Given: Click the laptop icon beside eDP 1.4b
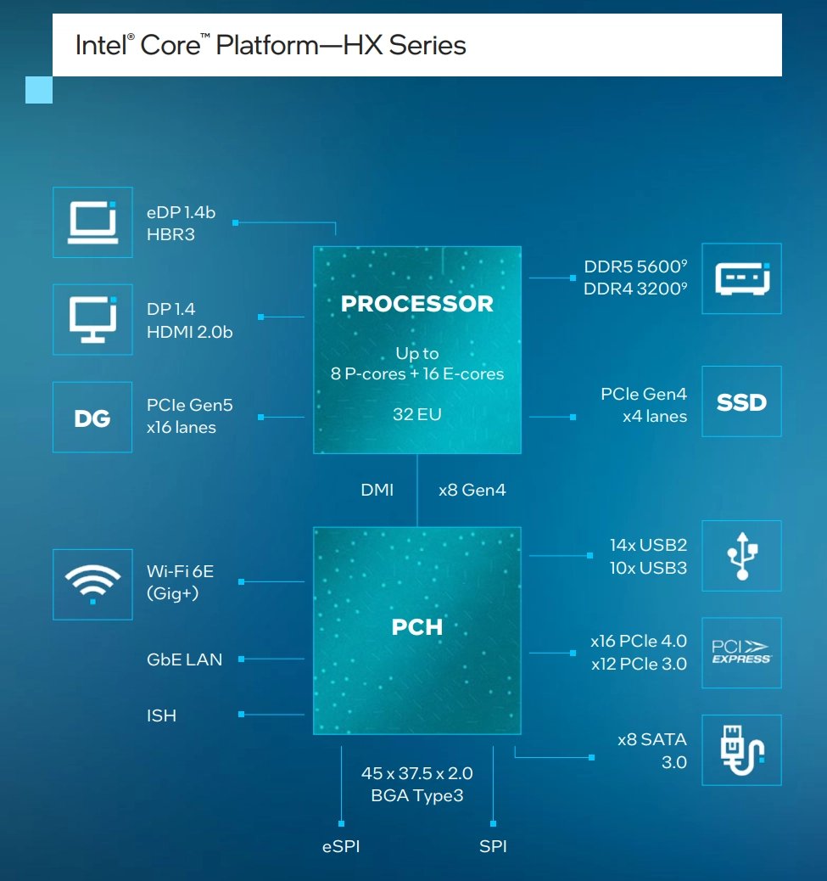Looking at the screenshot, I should point(92,222).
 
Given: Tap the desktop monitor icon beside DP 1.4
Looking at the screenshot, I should point(92,320).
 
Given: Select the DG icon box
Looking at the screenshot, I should point(92,418).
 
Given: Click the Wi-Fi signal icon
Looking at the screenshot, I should point(92,584).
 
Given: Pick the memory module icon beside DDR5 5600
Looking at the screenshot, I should point(742,278).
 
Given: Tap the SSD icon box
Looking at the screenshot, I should point(742,401).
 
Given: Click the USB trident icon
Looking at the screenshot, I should point(742,557).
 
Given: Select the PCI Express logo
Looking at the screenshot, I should point(742,653).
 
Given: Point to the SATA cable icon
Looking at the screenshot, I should point(742,750).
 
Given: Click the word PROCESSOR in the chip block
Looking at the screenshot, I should point(416,304).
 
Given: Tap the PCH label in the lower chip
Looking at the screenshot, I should point(416,628).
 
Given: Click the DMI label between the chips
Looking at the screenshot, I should point(377,490).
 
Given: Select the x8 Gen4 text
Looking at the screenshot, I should point(472,490).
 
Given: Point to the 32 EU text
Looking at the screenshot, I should point(416,414).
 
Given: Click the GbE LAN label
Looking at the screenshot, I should point(184,659).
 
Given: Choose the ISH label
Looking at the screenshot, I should point(161,715).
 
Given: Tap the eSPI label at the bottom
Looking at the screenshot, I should point(340,846).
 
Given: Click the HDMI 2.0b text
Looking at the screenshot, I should point(189,332).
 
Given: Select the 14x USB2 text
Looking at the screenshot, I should point(648,546).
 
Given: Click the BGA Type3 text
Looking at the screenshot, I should point(416,796).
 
